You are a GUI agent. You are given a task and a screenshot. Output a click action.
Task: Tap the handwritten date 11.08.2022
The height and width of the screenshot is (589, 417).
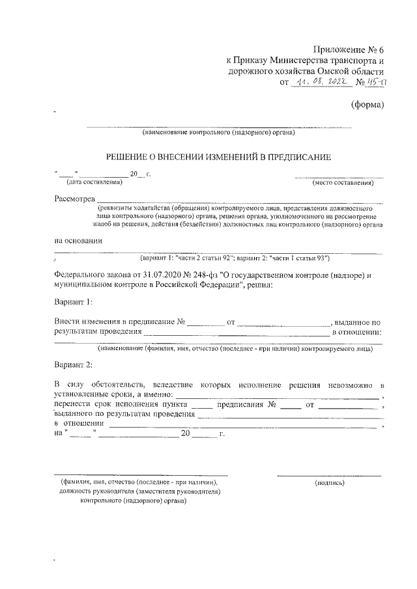(320, 83)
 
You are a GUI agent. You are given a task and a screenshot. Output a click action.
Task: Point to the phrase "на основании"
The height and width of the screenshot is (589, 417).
(78, 240)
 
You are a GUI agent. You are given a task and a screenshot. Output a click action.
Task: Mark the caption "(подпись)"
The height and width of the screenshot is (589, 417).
(329, 483)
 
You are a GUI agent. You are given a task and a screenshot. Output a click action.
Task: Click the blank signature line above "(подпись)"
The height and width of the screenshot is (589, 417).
(329, 476)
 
